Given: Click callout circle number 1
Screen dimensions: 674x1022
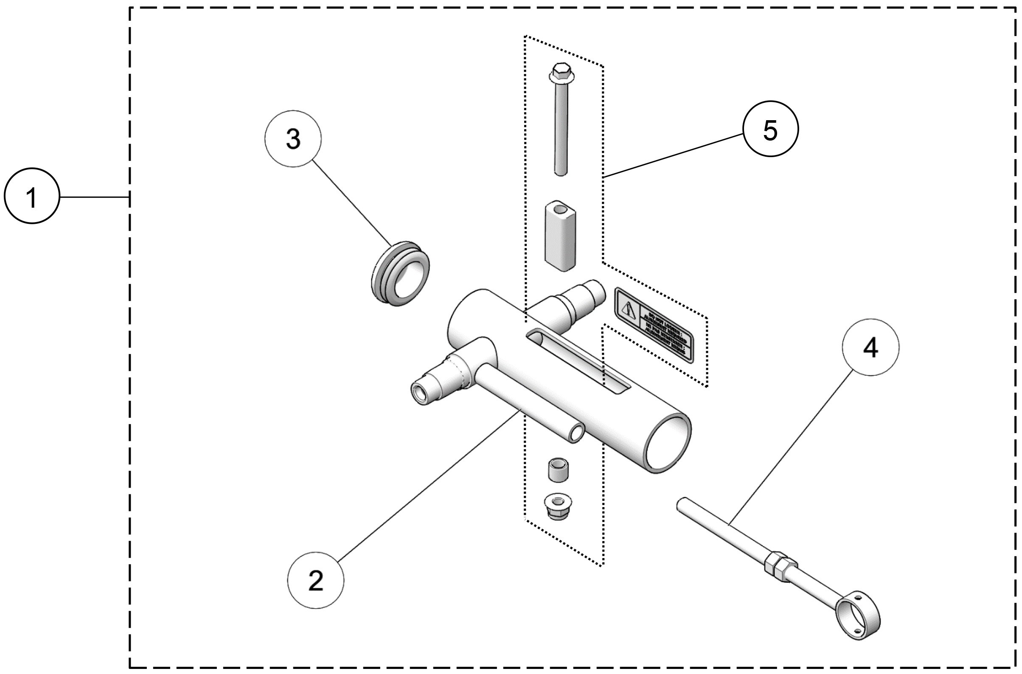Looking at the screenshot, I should pos(31,196).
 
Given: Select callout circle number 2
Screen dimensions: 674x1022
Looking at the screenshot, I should pos(316,580).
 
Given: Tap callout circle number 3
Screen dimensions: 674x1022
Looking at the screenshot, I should pos(293,139).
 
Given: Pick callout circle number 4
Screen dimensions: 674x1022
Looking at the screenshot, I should pos(870,347).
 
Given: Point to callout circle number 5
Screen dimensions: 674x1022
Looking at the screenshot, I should pos(770,129).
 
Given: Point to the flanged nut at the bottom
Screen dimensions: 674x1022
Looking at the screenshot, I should pos(558,506).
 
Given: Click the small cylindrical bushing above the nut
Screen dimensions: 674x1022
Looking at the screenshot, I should pos(558,470).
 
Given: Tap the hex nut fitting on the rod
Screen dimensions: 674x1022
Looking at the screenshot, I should pos(781,564).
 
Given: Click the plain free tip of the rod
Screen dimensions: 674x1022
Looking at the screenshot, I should pos(682,504).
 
